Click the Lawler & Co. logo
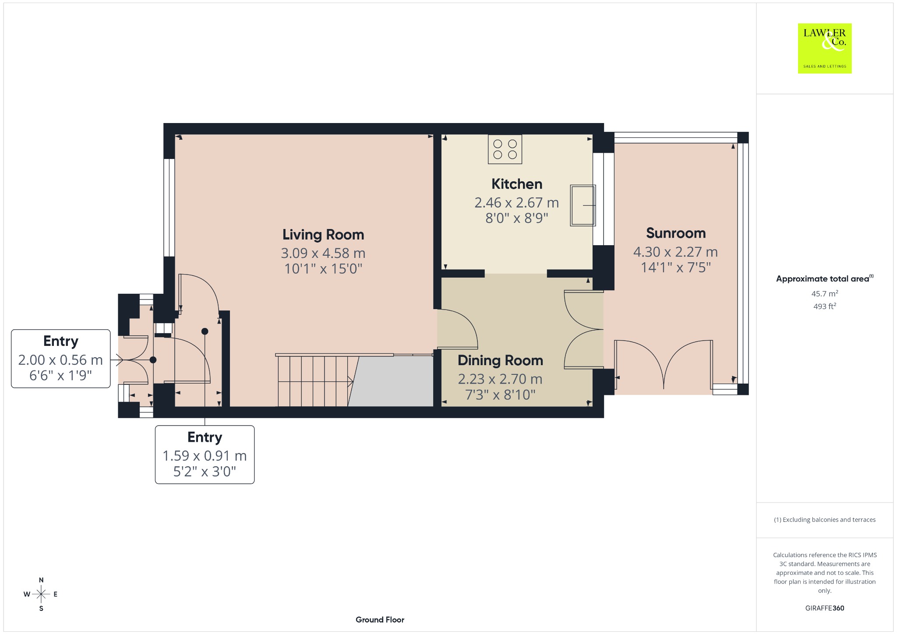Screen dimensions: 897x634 click(x=825, y=48)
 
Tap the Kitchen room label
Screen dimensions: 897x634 click(x=517, y=184)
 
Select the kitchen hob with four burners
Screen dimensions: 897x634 click(x=505, y=149)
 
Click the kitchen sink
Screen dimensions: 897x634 click(x=583, y=205)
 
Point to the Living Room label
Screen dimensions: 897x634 click(x=323, y=235)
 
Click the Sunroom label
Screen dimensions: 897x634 click(x=676, y=233)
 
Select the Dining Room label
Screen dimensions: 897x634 click(x=500, y=360)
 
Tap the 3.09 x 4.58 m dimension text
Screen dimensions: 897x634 click(x=323, y=253)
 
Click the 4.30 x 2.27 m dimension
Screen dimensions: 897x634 click(x=675, y=252)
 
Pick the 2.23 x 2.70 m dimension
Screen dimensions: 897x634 click(x=500, y=379)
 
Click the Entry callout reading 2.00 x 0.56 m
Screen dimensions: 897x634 click(x=60, y=359)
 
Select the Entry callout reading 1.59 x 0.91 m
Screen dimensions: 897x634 click(x=205, y=454)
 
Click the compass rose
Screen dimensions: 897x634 click(x=41, y=594)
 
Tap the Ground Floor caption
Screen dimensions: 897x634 click(x=380, y=620)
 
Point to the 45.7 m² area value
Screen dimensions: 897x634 click(x=825, y=293)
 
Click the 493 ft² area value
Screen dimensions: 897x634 click(x=825, y=306)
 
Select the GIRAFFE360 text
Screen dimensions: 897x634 click(x=825, y=608)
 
